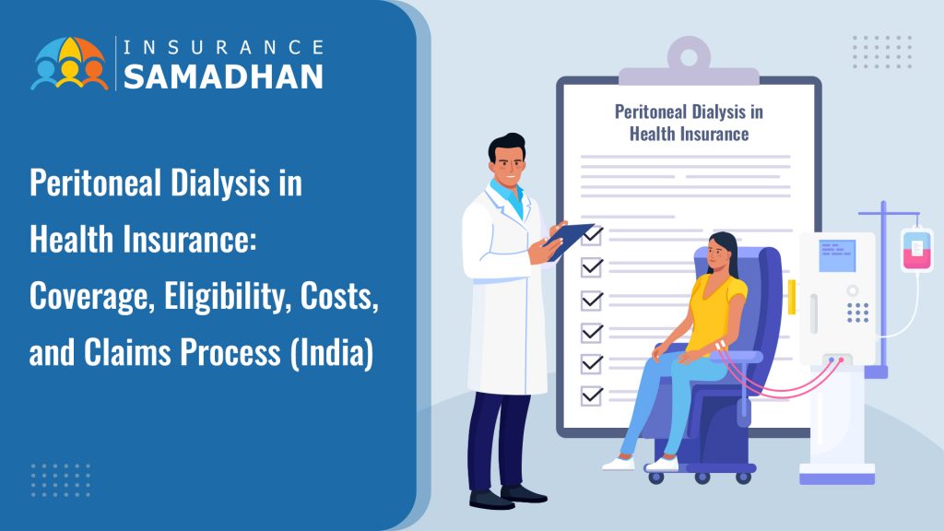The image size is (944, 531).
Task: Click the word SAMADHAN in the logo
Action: click(223, 77)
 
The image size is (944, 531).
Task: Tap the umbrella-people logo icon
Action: click(70, 64)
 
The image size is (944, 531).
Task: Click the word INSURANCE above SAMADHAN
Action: click(223, 47)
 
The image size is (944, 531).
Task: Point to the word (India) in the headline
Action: click(332, 352)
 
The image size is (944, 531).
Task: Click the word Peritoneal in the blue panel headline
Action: click(95, 183)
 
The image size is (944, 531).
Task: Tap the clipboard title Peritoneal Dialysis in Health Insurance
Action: click(689, 123)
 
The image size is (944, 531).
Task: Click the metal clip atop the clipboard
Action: click(689, 61)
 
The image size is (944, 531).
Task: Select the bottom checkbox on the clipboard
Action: click(592, 395)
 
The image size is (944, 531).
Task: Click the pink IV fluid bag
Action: click(917, 249)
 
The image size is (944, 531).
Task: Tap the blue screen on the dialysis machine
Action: click(837, 255)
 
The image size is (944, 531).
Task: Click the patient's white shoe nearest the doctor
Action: click(618, 463)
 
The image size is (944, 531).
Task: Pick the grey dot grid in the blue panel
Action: click(61, 480)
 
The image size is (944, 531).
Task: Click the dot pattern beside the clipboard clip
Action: click(882, 52)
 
